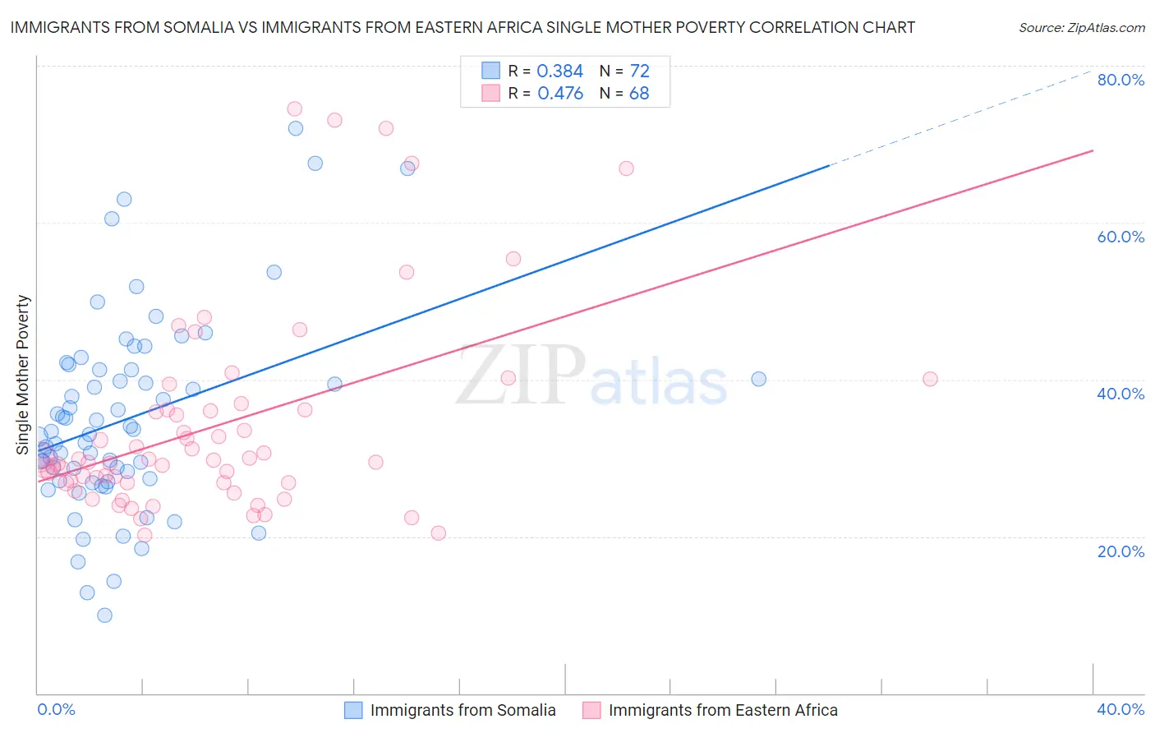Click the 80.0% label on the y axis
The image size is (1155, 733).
pos(1120,80)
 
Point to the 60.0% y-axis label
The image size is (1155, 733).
pos(1120,237)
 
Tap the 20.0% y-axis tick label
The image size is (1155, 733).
pos(1120,551)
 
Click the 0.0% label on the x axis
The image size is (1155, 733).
pos(56,709)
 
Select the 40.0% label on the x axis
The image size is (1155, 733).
pos(1120,709)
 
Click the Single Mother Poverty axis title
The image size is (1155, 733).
pos(23,375)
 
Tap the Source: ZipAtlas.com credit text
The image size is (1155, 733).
pos(1081,28)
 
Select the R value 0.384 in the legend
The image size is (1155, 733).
pos(559,71)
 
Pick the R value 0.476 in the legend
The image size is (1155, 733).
pos(559,94)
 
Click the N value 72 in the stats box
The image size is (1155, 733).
pos(639,71)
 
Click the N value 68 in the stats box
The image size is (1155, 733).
pos(639,94)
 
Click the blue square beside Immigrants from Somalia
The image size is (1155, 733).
pos(353,711)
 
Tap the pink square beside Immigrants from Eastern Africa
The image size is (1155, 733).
pos(591,711)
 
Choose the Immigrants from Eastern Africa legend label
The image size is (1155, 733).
pos(723,711)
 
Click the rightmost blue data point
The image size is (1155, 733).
pos(759,379)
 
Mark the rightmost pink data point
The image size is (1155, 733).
pos(930,379)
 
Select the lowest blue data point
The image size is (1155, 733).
pos(104,615)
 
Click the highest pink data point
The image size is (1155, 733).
pos(294,108)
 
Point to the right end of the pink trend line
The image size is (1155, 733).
pos(1093,150)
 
